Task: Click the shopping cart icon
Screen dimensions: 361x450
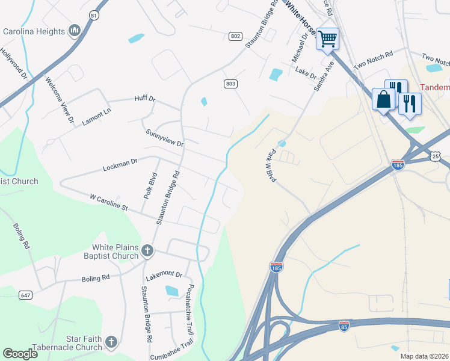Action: click(x=328, y=40)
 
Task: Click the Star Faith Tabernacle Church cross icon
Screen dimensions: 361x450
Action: click(x=111, y=342)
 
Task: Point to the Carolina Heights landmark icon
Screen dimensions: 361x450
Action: click(x=75, y=30)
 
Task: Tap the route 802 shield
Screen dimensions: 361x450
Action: click(x=235, y=37)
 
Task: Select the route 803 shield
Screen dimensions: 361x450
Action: click(x=230, y=84)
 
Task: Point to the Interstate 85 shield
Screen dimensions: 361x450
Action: click(x=344, y=326)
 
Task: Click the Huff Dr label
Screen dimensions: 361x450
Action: click(x=144, y=99)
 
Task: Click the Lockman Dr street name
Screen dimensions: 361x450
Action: click(x=120, y=162)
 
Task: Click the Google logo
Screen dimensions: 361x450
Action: click(x=20, y=354)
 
